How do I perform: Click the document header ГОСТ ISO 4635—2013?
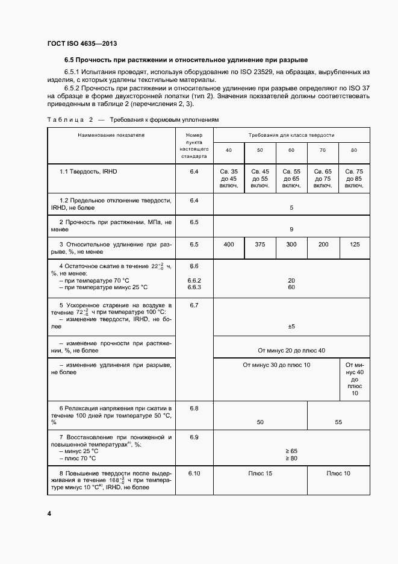click(81, 44)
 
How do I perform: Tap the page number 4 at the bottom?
click(49, 513)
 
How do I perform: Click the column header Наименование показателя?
click(111, 136)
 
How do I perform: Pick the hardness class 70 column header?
click(322, 149)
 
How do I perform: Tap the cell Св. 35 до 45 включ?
click(229, 178)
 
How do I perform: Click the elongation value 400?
click(229, 244)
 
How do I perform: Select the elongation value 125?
click(355, 244)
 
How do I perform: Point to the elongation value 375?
click(260, 244)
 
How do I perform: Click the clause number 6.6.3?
click(194, 287)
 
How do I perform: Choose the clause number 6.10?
click(194, 474)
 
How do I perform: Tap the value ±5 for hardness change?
click(291, 326)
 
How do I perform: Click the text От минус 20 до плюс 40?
click(291, 350)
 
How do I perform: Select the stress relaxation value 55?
click(338, 422)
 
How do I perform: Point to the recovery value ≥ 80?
click(291, 459)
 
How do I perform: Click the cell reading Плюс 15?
click(260, 474)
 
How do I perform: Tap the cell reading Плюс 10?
click(338, 474)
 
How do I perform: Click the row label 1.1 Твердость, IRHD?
click(88, 172)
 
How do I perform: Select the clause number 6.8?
click(194, 409)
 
